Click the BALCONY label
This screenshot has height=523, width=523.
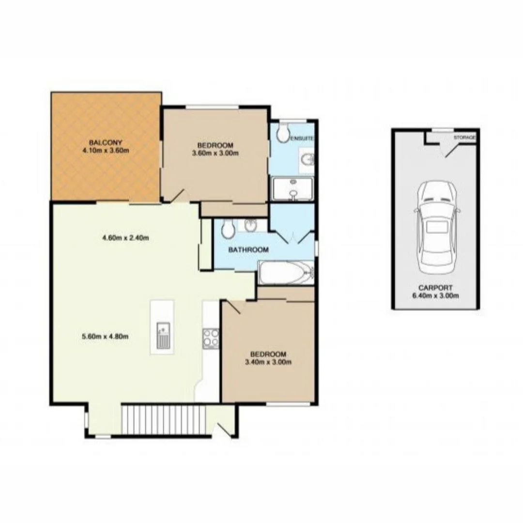click(x=105, y=142)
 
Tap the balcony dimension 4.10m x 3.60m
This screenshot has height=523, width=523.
click(x=105, y=150)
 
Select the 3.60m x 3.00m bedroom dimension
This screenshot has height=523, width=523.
click(x=215, y=153)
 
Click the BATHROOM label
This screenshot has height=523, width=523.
click(x=248, y=250)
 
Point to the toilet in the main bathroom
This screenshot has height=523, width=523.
click(x=228, y=228)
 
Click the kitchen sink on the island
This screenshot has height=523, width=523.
click(x=163, y=336)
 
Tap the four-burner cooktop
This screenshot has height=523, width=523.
click(x=211, y=338)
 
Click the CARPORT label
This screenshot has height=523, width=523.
click(x=435, y=288)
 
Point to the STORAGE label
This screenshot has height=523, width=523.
click(x=464, y=138)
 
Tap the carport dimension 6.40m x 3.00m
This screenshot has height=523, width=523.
click(x=435, y=295)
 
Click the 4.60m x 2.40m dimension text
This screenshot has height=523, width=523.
click(x=125, y=238)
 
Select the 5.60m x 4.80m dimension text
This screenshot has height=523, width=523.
click(x=106, y=337)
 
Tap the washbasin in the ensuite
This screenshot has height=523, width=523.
click(x=308, y=159)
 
